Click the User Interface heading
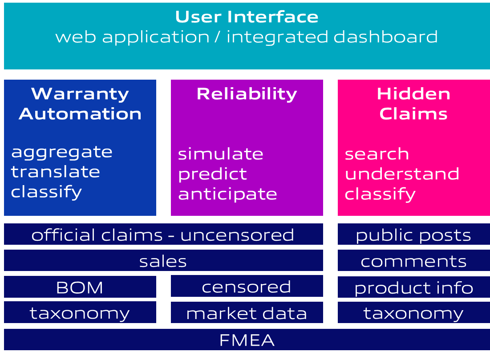point(247,17)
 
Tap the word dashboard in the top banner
point(385,36)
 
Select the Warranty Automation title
point(80,104)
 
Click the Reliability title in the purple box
point(247,94)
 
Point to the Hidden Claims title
point(413,104)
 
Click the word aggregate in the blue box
point(62,152)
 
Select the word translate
point(56,172)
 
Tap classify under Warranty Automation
point(47,192)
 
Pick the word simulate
point(221,154)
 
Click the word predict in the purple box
point(212,174)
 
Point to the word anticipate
point(227,194)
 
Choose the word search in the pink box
point(377,154)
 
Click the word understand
point(402,174)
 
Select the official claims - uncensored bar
point(163,235)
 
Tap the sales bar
point(163,261)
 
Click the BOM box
point(80,287)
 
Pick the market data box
point(247,313)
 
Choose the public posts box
point(413,235)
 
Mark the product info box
point(413,288)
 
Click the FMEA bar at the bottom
point(247,340)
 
